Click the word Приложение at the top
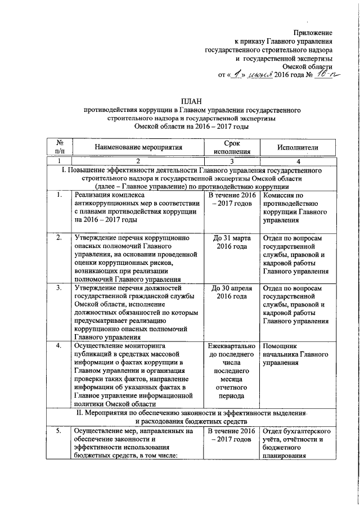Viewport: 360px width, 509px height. (314, 32)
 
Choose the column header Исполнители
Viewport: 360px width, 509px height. (298, 148)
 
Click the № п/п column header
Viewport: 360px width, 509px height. (60, 147)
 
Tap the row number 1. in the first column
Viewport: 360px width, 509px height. (60, 195)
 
